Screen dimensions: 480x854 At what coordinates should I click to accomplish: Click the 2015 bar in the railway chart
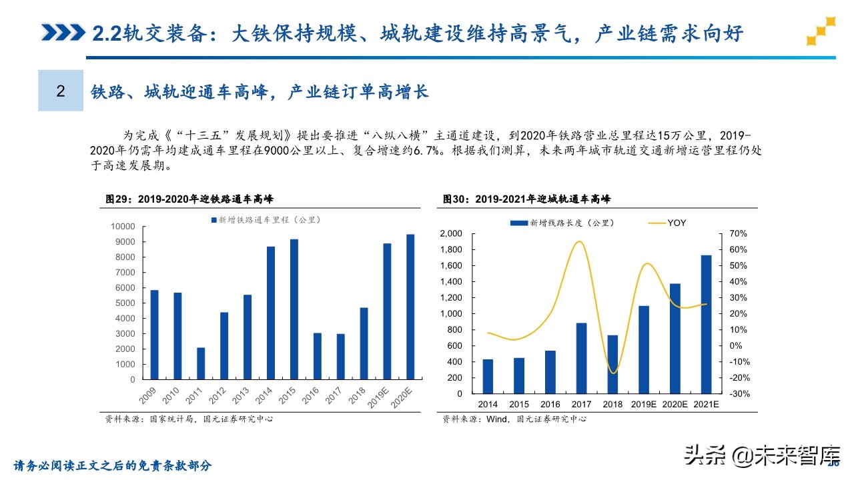coord(294,309)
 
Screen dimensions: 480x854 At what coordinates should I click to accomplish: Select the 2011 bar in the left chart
coord(201,363)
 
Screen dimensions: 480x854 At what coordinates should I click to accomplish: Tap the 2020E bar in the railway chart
coord(410,307)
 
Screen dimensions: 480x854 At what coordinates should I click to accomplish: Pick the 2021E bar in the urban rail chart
coord(706,324)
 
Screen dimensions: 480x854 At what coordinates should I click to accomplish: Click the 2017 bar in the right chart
coord(581,358)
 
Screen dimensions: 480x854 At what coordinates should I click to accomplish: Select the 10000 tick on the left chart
coord(123,227)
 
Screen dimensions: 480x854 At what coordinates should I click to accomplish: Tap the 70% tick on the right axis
coord(738,233)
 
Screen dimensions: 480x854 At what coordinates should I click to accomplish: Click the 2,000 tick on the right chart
coord(451,233)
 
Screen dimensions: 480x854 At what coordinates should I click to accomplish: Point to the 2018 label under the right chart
coord(612,404)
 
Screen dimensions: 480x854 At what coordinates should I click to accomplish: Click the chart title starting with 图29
coord(189,199)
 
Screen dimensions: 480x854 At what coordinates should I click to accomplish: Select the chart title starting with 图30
coord(526,199)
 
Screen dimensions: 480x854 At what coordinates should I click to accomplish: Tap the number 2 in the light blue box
coord(61,91)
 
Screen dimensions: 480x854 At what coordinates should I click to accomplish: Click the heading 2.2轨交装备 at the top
coord(417,33)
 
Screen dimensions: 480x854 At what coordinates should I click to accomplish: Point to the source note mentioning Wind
coord(514,419)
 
